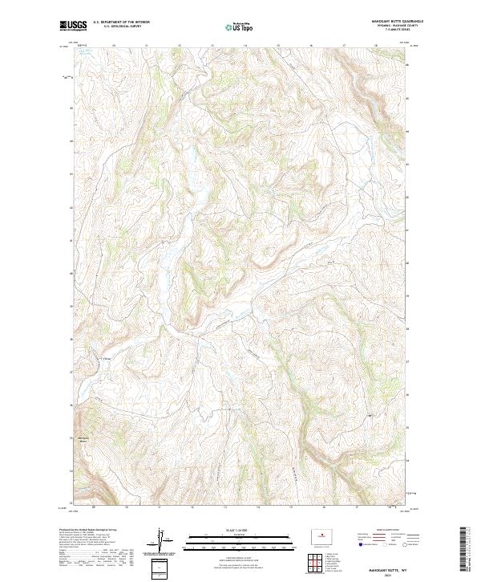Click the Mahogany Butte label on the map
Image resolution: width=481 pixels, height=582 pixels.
(82, 438)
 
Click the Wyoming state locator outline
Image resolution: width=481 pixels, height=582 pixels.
(327, 534)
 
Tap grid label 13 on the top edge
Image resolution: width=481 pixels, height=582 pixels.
(180, 46)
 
